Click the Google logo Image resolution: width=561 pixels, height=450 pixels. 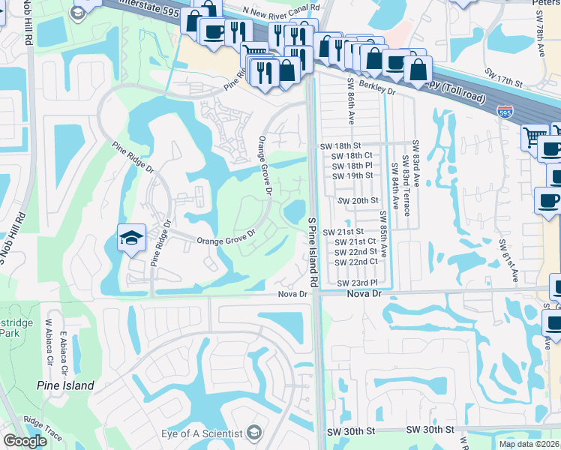tap(24, 442)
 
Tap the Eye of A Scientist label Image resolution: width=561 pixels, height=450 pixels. tap(202, 433)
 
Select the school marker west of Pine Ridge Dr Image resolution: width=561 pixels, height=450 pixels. tap(130, 238)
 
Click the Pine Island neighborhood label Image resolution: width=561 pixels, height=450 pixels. tap(66, 385)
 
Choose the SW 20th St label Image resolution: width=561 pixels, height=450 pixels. tap(358, 201)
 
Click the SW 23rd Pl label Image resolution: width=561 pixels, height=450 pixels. tap(356, 283)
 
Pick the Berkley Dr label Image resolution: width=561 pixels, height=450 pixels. tap(376, 87)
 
